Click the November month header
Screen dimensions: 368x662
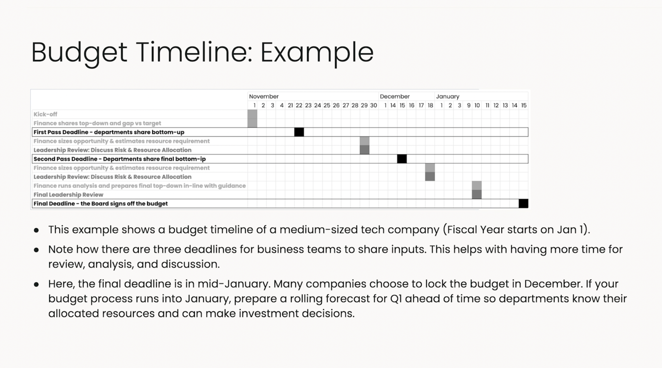tap(263, 96)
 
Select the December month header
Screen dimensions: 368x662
tap(395, 96)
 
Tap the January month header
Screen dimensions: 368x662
tap(448, 96)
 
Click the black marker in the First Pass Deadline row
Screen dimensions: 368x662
tap(299, 132)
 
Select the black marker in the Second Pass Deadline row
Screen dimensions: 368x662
tap(402, 159)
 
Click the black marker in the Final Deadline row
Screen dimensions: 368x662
tap(523, 203)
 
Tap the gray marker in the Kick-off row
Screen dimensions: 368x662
tap(252, 114)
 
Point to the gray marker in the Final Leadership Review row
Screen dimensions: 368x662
tap(477, 194)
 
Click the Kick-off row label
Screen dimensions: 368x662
tap(45, 114)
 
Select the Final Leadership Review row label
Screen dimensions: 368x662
tap(69, 194)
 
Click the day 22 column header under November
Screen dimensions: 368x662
tap(299, 105)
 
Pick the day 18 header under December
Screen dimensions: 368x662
tap(430, 105)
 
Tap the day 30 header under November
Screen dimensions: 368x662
tap(373, 105)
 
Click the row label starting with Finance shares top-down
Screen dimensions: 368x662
tap(97, 123)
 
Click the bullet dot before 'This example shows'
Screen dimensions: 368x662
tap(36, 230)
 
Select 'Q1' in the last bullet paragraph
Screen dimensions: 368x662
tap(396, 299)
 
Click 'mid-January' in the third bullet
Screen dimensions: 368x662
tap(234, 284)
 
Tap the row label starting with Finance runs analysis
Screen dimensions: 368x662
tap(139, 185)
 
